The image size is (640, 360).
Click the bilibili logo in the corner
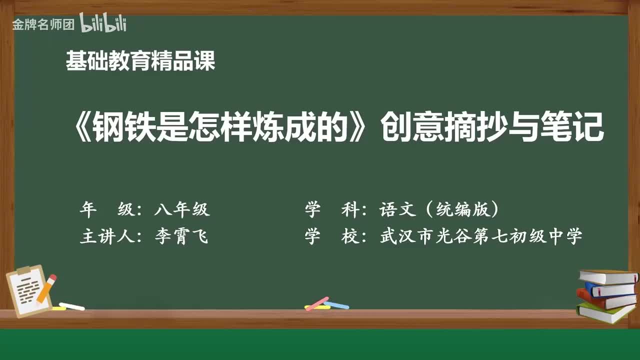pyautogui.click(x=103, y=23)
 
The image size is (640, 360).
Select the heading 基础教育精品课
pyautogui.click(x=140, y=61)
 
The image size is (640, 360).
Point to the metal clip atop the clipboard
pyautogui.click(x=23, y=270)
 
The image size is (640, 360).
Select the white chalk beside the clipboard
pyautogui.click(x=71, y=306)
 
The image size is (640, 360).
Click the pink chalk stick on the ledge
pyautogui.click(x=317, y=303)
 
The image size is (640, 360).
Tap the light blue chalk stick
pyautogui.click(x=336, y=305)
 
